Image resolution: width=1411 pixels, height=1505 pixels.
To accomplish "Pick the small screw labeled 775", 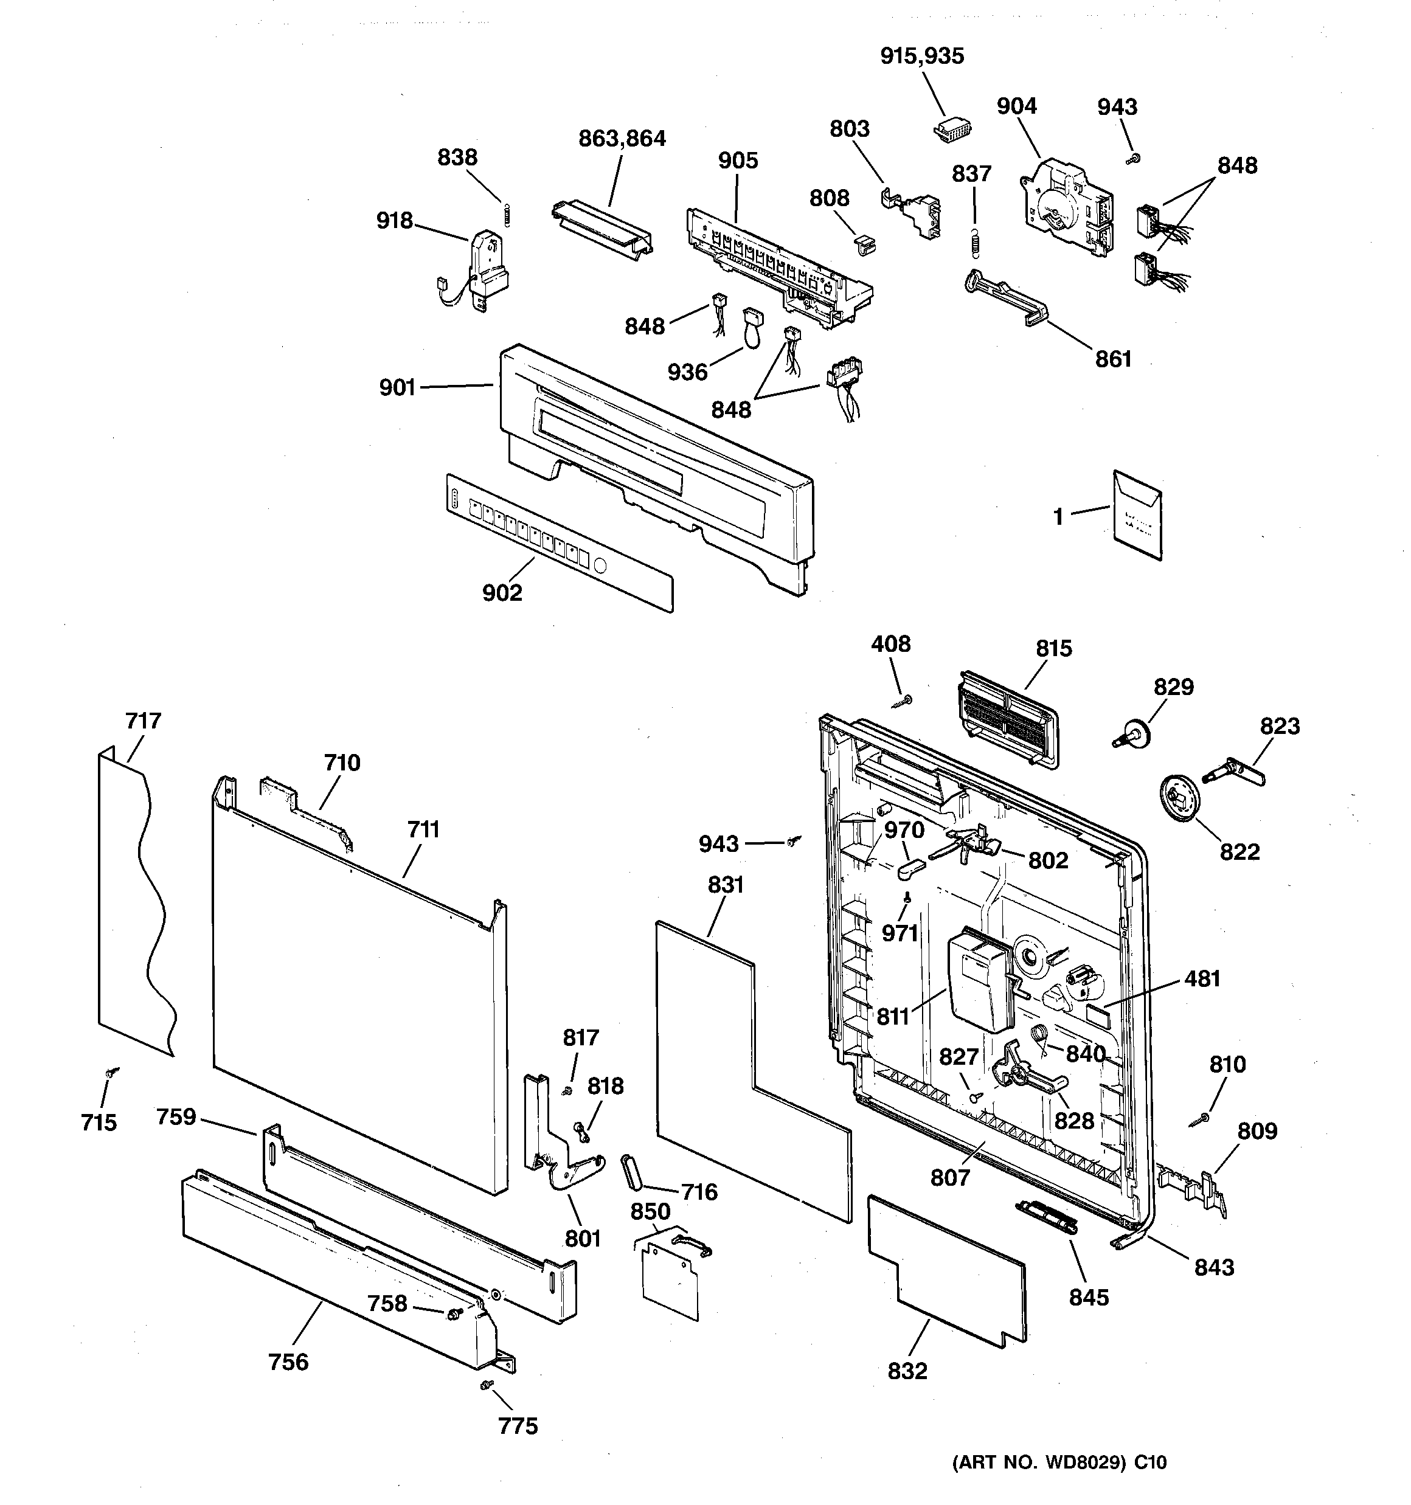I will coord(485,1385).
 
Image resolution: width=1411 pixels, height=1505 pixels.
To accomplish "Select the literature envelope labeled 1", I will coord(1137,516).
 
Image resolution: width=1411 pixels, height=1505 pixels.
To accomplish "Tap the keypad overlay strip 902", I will coord(556,541).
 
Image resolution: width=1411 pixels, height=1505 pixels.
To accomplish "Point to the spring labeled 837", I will coord(976,241).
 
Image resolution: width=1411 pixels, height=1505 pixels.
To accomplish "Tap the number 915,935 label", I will coord(922,56).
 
